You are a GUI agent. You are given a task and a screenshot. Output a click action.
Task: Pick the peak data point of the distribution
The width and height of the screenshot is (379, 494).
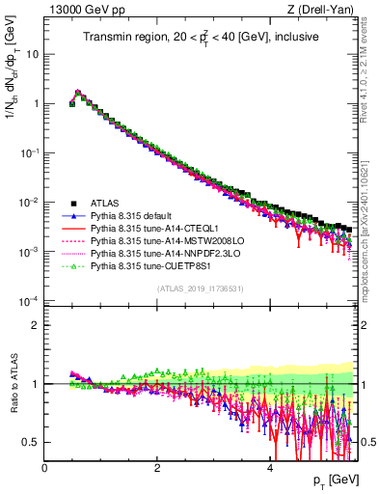click(78, 94)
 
